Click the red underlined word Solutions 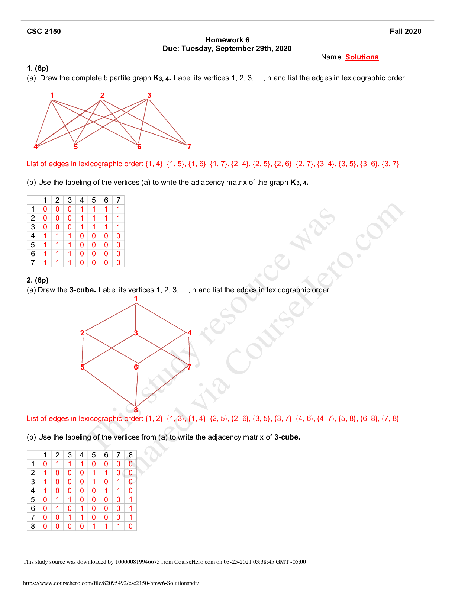tap(362, 57)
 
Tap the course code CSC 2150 tap(44, 32)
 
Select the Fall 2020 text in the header tap(406, 32)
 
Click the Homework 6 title tap(227, 40)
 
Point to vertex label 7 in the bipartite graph tap(189, 147)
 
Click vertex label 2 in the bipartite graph tap(102, 96)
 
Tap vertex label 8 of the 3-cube tap(136, 410)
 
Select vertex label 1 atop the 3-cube tap(136, 299)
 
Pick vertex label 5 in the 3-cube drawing tap(83, 367)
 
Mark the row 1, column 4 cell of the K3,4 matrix tap(82, 209)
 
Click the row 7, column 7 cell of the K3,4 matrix tap(119, 263)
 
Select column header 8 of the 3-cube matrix tap(130, 455)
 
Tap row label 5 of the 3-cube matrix tap(33, 499)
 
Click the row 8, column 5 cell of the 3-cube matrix tap(94, 527)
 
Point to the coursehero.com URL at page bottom tap(111, 583)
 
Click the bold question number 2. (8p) tap(38, 280)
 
